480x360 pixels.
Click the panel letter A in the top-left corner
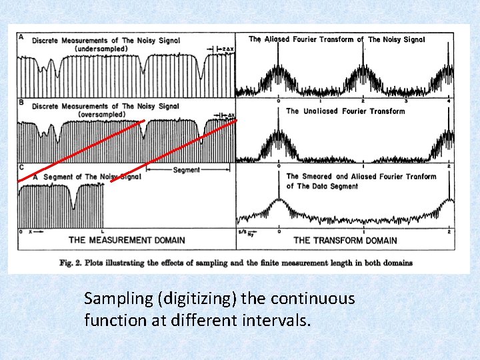click(21, 37)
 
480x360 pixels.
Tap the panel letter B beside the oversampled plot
click(21, 103)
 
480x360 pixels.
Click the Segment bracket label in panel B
click(186, 170)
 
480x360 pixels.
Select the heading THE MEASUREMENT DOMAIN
click(127, 240)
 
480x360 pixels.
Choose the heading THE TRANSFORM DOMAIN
click(345, 240)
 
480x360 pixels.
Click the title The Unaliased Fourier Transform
click(345, 111)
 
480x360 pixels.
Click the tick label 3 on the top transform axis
click(405, 101)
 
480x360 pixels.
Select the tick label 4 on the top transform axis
click(449, 101)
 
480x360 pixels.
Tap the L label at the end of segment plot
click(102, 231)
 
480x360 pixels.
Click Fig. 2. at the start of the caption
click(71, 263)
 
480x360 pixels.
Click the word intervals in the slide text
click(276, 320)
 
